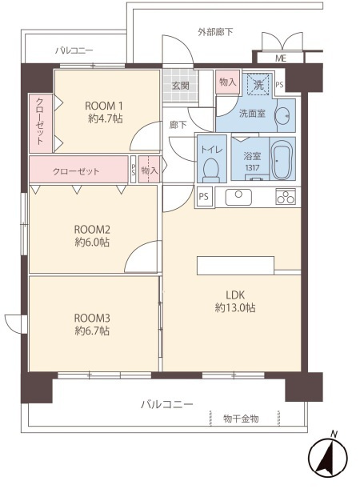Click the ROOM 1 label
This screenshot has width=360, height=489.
click(x=104, y=106)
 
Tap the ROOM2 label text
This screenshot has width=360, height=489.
click(x=92, y=230)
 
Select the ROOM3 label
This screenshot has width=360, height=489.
click(x=92, y=318)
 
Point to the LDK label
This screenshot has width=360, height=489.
click(x=235, y=295)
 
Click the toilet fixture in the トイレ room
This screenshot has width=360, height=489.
click(x=211, y=170)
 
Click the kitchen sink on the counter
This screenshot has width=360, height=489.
click(x=238, y=197)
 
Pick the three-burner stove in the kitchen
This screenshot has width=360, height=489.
click(x=286, y=196)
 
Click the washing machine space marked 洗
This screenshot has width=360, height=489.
click(x=258, y=84)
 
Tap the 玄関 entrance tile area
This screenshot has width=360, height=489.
click(x=181, y=85)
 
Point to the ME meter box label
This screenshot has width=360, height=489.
click(x=281, y=58)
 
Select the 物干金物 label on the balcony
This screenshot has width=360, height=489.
click(x=241, y=419)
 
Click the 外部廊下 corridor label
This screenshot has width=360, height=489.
click(x=215, y=32)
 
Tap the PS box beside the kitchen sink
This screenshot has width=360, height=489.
click(x=204, y=196)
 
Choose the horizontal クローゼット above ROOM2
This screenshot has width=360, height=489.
click(x=78, y=170)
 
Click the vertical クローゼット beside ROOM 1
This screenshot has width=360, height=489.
click(x=41, y=123)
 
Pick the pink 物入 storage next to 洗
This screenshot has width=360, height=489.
click(x=227, y=82)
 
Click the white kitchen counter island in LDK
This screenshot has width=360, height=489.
click(x=235, y=266)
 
